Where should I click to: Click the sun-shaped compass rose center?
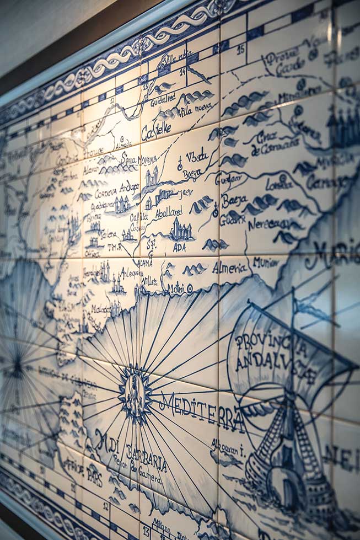134,393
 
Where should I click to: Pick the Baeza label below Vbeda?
192,174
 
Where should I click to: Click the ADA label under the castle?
179,248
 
